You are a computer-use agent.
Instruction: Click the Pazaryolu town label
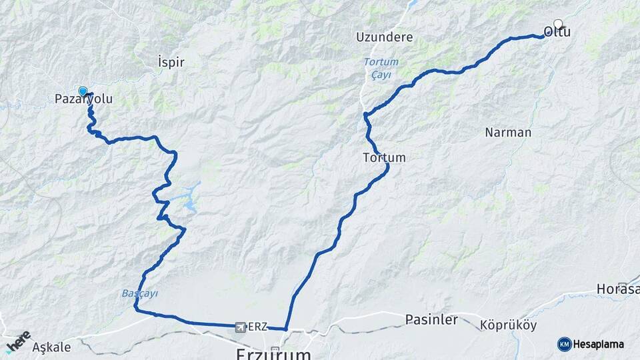[x=83, y=99]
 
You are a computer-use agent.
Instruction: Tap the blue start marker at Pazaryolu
[x=83, y=91]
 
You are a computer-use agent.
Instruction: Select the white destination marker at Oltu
[x=558, y=23]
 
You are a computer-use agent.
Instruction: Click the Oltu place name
[x=557, y=32]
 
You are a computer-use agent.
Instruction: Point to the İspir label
[x=170, y=62]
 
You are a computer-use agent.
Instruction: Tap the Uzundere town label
[x=384, y=37]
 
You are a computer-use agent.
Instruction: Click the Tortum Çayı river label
[x=381, y=67]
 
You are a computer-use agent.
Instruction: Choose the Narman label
[x=508, y=132]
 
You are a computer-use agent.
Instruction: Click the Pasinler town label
[x=431, y=320]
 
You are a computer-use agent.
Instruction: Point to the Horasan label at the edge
[x=619, y=289]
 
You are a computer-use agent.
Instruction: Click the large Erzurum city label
[x=273, y=353]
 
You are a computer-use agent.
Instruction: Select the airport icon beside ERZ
[x=240, y=327]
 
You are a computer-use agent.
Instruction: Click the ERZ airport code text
[x=258, y=327]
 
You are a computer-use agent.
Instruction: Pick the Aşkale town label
[x=51, y=347]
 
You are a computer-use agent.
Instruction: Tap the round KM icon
[x=564, y=344]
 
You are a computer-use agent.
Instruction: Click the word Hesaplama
[x=599, y=344]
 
